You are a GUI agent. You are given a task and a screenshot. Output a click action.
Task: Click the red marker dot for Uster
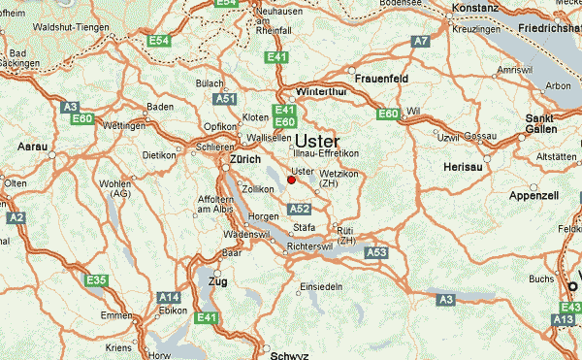(292, 179)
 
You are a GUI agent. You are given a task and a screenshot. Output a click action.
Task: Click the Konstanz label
(475, 8)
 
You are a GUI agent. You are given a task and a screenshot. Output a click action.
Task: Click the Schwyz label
(288, 355)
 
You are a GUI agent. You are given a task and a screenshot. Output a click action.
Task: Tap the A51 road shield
(226, 99)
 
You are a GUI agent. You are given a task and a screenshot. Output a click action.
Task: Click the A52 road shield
(300, 209)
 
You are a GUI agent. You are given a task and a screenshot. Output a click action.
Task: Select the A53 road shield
(376, 252)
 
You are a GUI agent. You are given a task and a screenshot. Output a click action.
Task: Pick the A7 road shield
(420, 42)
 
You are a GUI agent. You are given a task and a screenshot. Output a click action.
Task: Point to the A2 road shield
(16, 218)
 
